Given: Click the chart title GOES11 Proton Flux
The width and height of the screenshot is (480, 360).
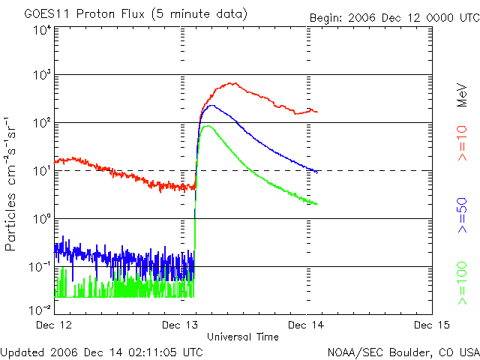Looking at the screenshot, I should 135,14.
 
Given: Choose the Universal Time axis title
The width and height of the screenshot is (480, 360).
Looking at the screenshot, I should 243,337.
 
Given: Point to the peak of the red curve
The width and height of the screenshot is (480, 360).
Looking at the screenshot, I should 234,83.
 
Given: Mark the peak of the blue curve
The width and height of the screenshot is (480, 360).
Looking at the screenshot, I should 211,106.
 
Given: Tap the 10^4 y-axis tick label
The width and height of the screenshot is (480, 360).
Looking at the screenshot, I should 41,29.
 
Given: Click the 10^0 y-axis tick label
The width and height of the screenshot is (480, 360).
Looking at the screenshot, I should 41,218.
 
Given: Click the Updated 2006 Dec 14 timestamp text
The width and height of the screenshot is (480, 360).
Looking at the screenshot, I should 102,351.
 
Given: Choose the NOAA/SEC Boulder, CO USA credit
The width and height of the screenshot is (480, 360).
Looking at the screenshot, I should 403,351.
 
